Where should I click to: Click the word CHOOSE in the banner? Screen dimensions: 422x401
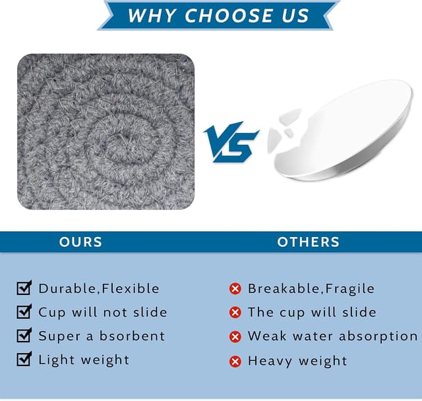point(229,15)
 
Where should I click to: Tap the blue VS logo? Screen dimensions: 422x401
point(231,142)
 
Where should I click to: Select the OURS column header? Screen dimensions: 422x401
point(80,242)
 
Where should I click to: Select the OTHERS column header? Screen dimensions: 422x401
point(308,242)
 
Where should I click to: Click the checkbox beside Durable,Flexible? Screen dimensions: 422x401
point(24,288)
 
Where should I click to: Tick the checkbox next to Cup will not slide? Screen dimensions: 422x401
point(24,311)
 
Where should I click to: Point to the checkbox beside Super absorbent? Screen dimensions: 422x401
point(24,335)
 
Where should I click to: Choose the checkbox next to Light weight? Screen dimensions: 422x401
point(24,359)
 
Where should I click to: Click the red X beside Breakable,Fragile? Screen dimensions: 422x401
point(235,289)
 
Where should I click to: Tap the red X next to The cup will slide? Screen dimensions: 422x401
point(235,313)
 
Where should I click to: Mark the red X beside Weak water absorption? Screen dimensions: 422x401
point(235,336)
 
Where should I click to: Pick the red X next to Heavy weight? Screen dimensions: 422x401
point(235,361)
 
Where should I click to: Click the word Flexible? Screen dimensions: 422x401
point(131,288)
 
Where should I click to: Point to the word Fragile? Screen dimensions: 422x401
point(349,288)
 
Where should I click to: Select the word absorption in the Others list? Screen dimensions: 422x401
point(378,336)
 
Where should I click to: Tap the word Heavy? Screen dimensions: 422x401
point(270,361)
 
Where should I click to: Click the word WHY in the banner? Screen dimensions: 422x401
point(152,15)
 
